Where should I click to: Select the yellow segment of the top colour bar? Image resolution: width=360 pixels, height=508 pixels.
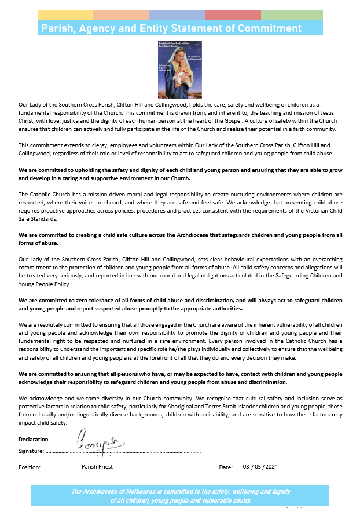pyautogui.click(x=65, y=14)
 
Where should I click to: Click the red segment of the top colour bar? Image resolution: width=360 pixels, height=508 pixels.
pyautogui.click(x=233, y=14)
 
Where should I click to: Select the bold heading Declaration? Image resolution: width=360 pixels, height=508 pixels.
pyautogui.click(x=33, y=439)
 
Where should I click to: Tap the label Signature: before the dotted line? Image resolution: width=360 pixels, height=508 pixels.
pyautogui.click(x=31, y=451)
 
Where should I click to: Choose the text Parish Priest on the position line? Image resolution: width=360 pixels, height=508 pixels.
pyautogui.click(x=97, y=466)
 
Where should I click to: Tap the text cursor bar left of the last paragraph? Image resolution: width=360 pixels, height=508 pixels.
pyautogui.click(x=19, y=390)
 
